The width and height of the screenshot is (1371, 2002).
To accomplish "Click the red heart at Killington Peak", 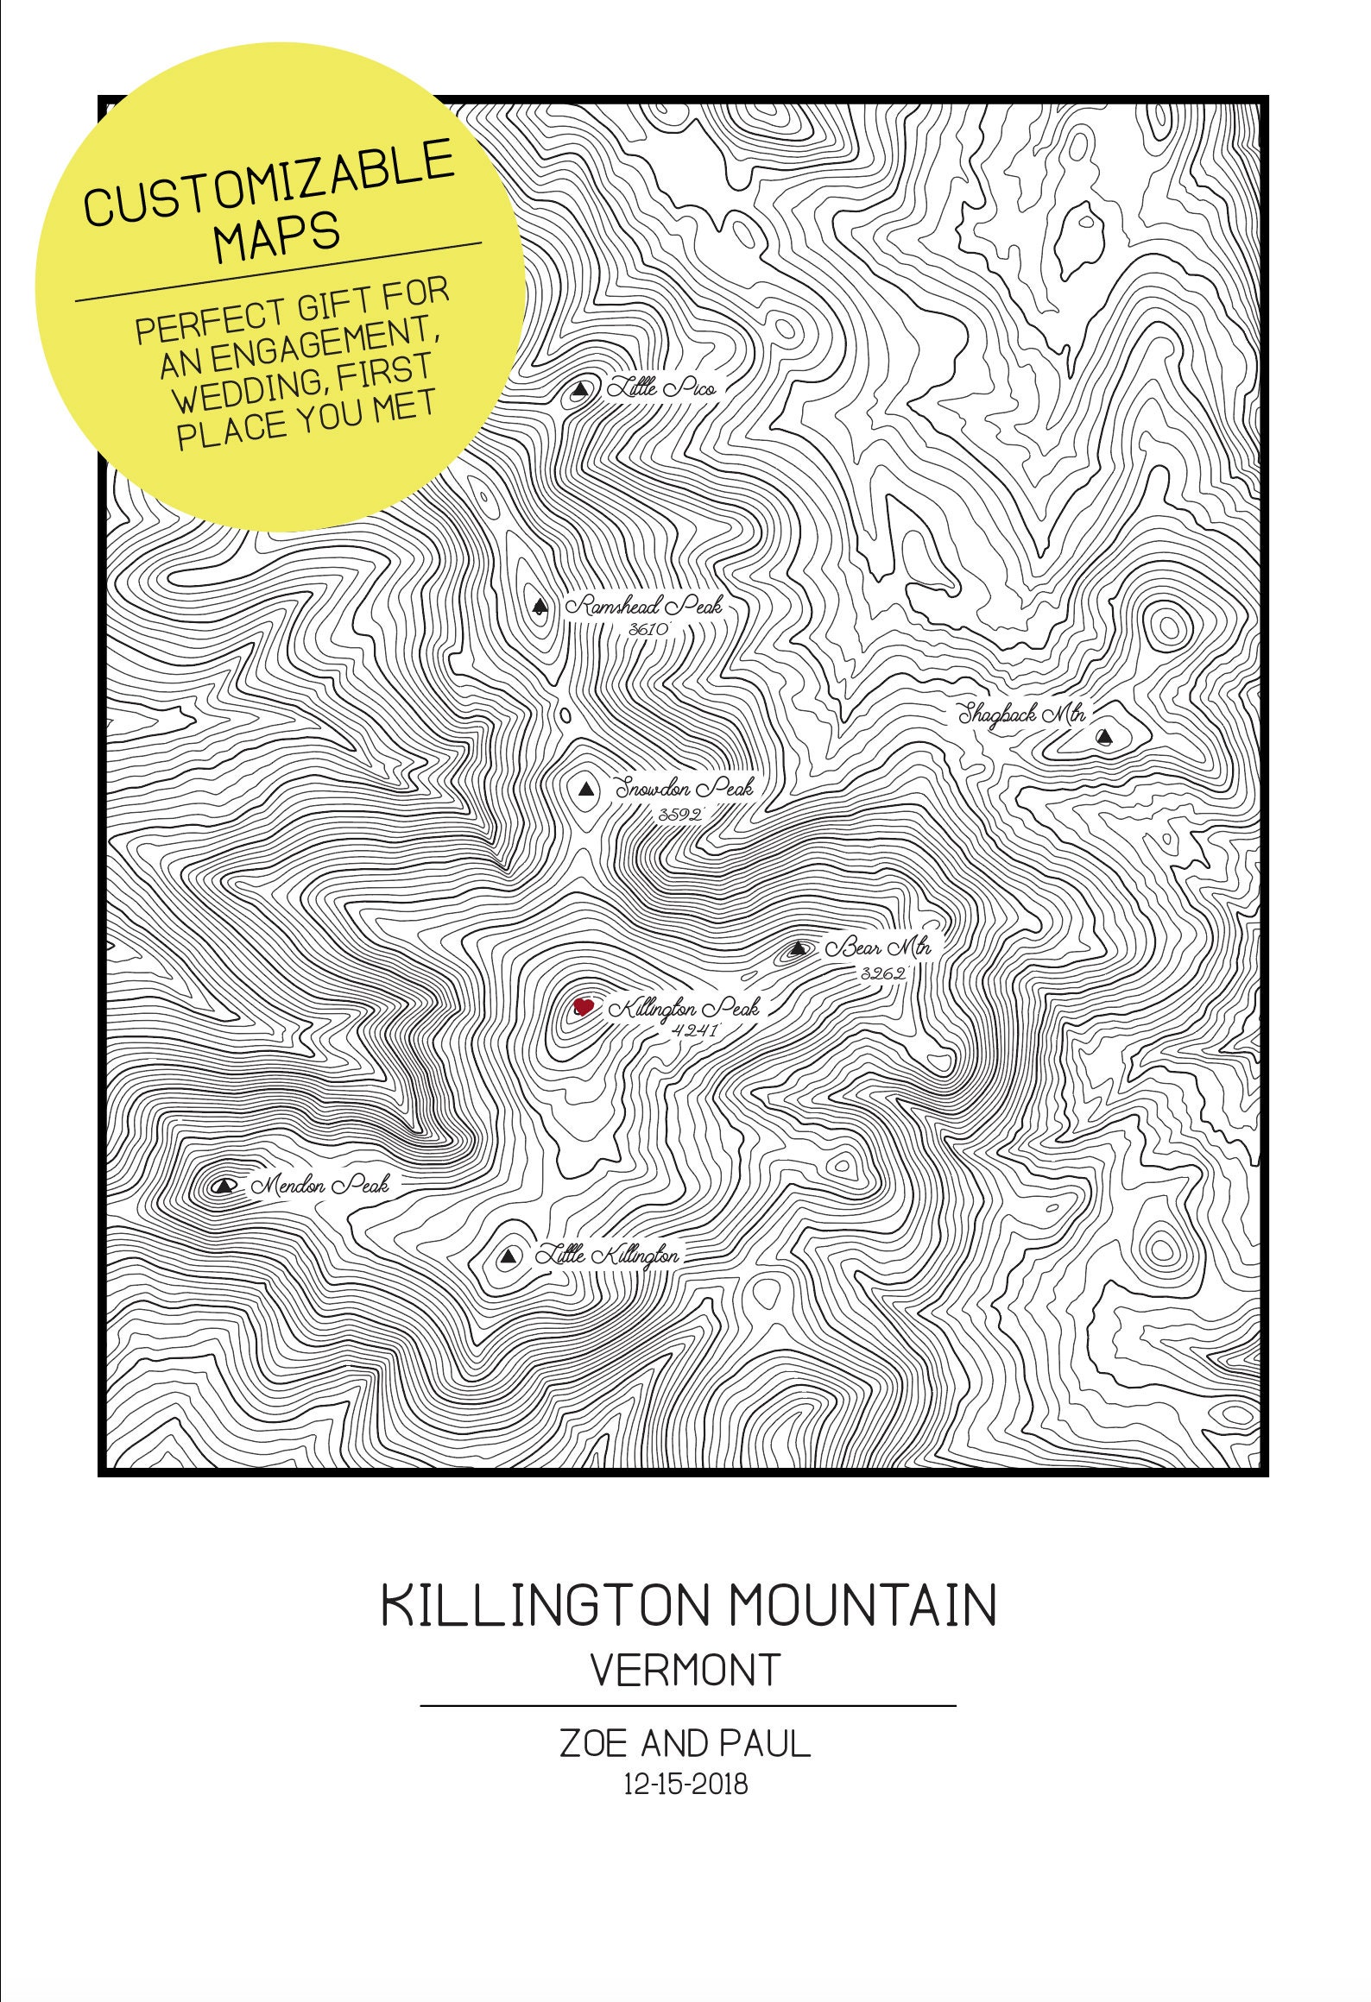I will (x=584, y=1006).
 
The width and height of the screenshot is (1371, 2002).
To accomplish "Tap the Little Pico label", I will (x=661, y=389).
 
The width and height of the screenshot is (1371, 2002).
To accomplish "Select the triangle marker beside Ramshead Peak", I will (x=540, y=607).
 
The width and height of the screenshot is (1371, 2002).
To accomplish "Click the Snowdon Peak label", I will (x=683, y=788).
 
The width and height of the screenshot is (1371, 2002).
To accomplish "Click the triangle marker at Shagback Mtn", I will (x=1103, y=737).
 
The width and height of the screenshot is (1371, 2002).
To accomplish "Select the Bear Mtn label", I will (x=878, y=947).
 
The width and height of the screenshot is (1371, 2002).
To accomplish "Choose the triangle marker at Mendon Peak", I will (x=225, y=1186).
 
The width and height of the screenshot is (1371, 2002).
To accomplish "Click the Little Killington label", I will (x=607, y=1256).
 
